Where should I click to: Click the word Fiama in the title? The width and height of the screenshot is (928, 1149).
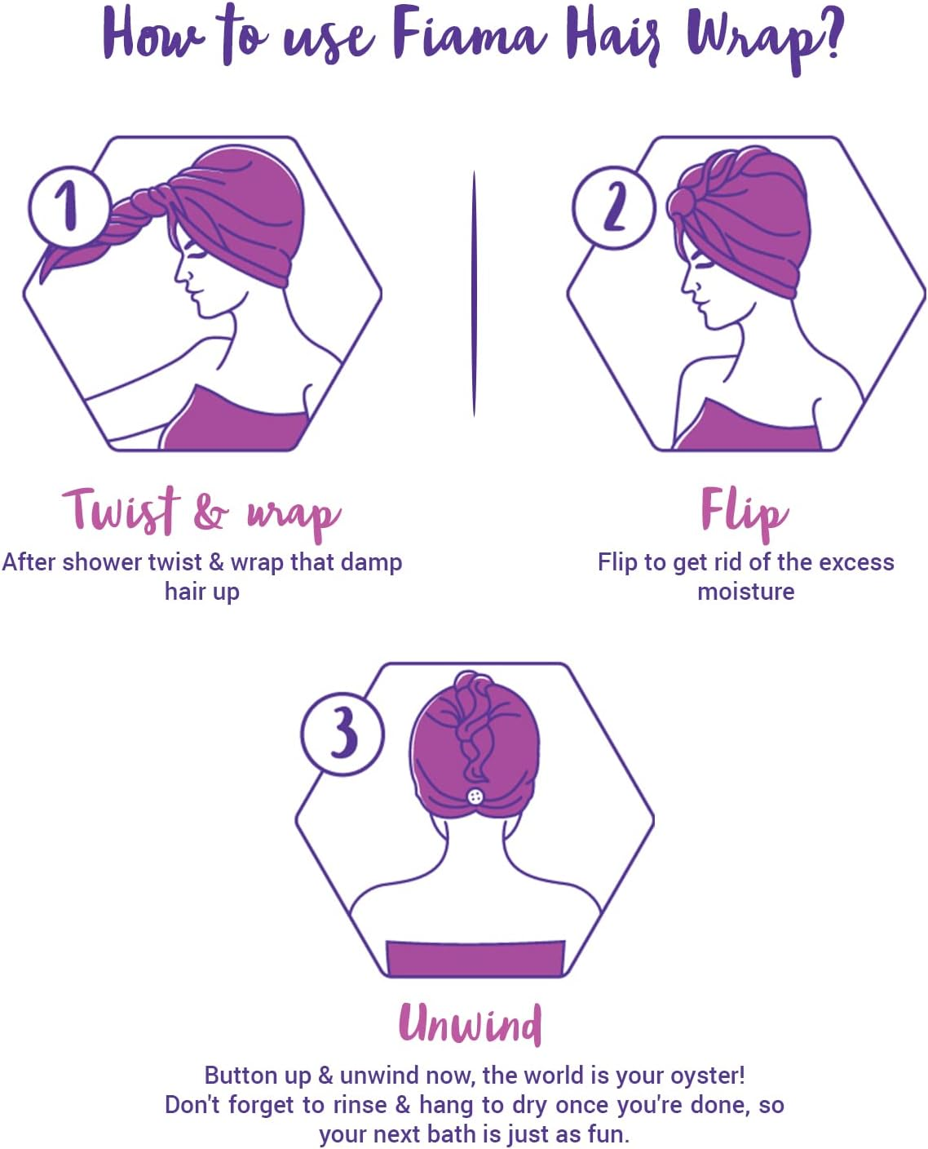pyautogui.click(x=467, y=37)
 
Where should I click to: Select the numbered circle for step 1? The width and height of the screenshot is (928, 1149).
pyautogui.click(x=68, y=206)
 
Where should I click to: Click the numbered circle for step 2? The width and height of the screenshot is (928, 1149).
pyautogui.click(x=613, y=206)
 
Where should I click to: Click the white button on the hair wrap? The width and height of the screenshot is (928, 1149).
pyautogui.click(x=475, y=796)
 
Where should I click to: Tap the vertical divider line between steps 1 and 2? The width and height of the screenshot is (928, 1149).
pyautogui.click(x=474, y=294)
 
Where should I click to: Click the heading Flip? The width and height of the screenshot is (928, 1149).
pyautogui.click(x=744, y=510)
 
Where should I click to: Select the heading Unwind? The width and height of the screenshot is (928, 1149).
pyautogui.click(x=471, y=1023)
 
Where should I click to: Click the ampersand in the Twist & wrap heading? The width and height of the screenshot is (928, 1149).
pyautogui.click(x=211, y=512)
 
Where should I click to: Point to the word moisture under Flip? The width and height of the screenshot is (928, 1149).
pyautogui.click(x=745, y=592)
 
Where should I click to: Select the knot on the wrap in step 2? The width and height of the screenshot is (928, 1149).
pyautogui.click(x=683, y=204)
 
